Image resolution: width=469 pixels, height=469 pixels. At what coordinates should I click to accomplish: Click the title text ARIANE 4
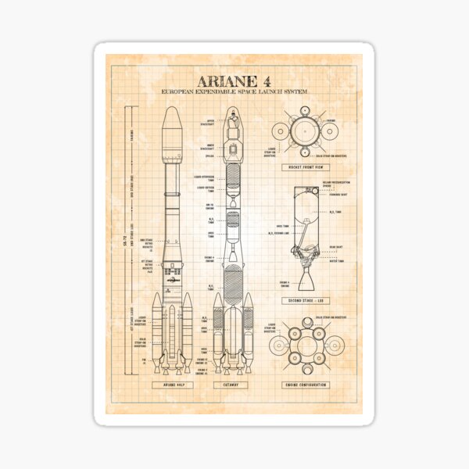234,81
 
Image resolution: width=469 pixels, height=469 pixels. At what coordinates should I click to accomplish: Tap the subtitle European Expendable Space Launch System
234,93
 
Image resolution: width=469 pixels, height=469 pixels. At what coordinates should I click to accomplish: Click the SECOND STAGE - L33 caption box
306,300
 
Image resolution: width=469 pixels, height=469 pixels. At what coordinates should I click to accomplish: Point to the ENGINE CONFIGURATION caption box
306,385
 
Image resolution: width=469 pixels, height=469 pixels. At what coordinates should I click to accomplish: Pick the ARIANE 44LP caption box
173,385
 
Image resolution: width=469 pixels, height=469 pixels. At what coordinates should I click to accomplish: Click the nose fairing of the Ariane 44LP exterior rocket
173,129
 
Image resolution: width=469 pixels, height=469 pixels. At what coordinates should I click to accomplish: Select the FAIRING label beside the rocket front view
331,120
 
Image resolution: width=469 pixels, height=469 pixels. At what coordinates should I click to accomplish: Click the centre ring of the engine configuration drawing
307,344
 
